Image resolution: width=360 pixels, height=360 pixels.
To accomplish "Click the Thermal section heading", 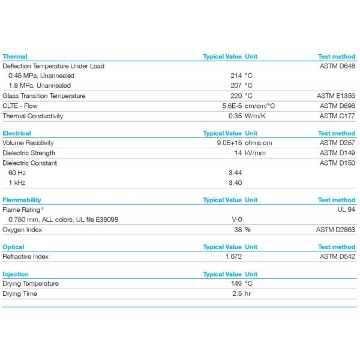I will point(15,56).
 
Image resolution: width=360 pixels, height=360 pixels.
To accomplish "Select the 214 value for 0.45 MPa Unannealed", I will point(236,76).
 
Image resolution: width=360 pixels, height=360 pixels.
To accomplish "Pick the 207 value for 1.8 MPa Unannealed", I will point(236,86).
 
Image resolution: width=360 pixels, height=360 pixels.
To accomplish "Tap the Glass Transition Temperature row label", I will point(44,96).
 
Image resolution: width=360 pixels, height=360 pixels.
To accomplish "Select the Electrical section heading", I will point(17,133).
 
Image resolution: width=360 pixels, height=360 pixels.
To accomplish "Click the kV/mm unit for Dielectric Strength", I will point(255,153).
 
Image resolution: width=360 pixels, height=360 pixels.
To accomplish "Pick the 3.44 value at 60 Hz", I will point(235,173).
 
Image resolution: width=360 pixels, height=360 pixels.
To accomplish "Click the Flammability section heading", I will point(22,200).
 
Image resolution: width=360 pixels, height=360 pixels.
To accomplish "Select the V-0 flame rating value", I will point(236,220).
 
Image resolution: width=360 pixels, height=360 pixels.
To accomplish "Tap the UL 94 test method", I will point(346,209).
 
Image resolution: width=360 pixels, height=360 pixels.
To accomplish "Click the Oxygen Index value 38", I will point(238,229).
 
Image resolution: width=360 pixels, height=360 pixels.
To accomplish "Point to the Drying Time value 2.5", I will point(236,293).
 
